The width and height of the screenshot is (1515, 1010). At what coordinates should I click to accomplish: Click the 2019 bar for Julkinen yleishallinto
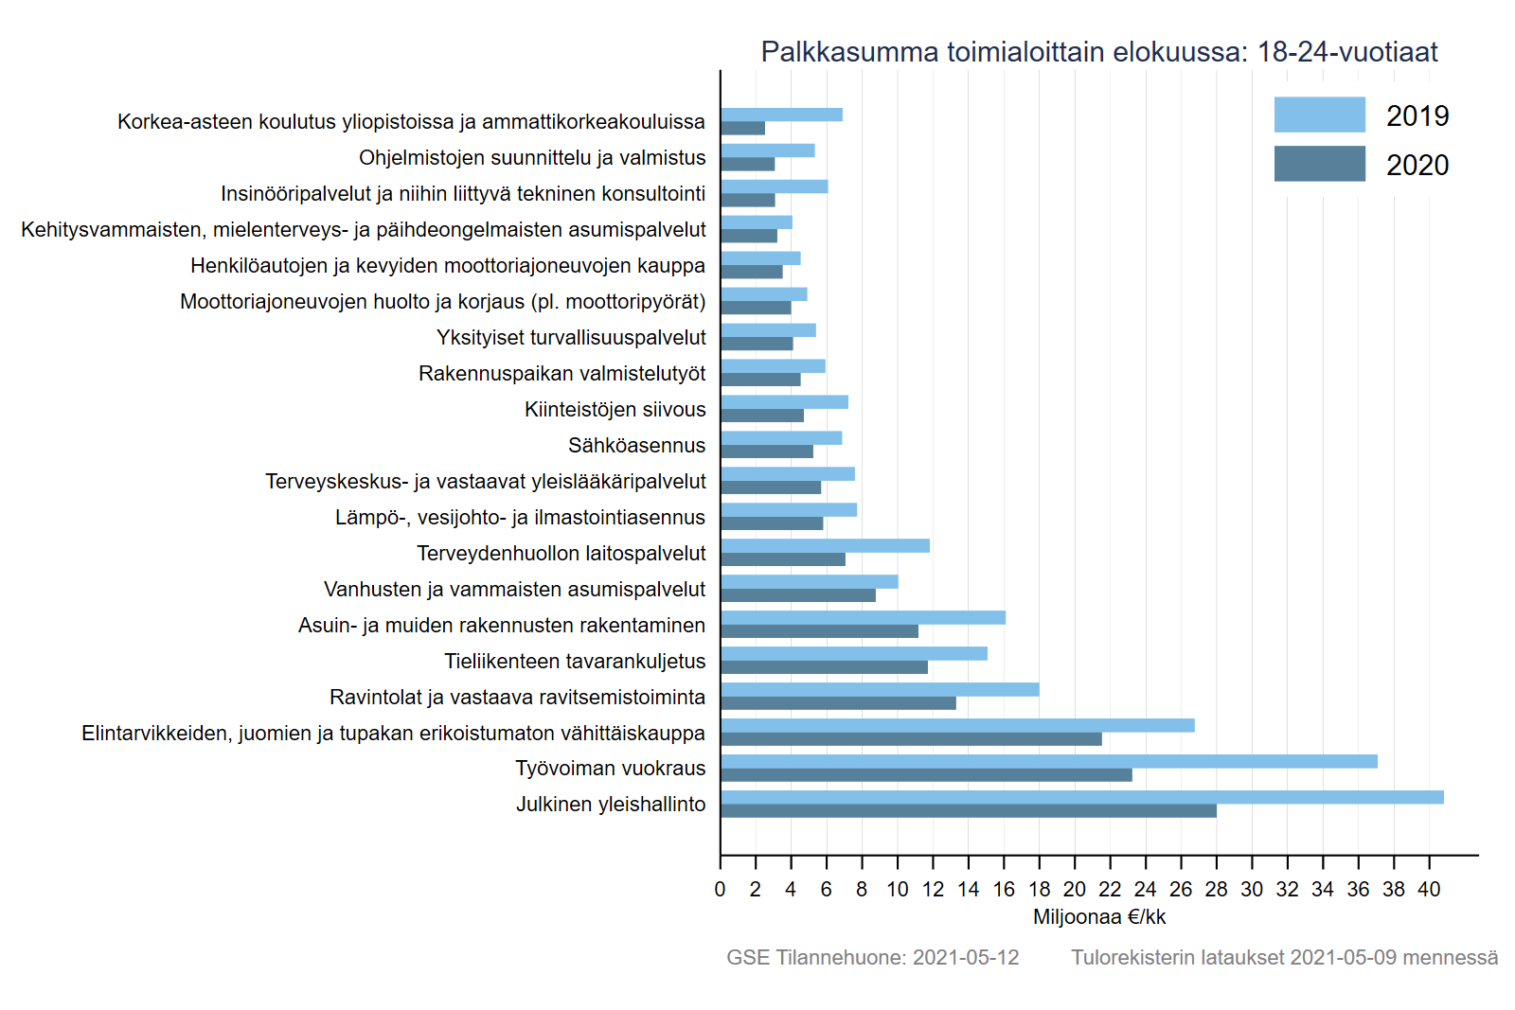[x=1081, y=797]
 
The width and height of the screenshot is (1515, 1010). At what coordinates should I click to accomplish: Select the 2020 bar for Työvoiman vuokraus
[x=926, y=775]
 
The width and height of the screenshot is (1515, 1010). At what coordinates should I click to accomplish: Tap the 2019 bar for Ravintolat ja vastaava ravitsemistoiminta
[x=880, y=689]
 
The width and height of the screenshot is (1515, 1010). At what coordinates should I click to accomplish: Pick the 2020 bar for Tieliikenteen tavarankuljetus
[x=824, y=667]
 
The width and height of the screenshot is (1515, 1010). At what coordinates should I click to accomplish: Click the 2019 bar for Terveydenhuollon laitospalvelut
[x=825, y=545]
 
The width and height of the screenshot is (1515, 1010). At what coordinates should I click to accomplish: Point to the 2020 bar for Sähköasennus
[x=767, y=452]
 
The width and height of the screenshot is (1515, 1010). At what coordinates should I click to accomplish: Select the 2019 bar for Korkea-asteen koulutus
[x=781, y=115]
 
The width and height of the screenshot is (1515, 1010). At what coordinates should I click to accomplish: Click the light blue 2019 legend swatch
[x=1319, y=115]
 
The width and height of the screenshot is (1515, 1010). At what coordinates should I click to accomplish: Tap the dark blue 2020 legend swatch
[x=1319, y=164]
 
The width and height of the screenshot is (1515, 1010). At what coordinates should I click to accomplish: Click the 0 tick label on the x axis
[x=720, y=889]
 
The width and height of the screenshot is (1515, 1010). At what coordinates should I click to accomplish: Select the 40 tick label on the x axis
[x=1428, y=889]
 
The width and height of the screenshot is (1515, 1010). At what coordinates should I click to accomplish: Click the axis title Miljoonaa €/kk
[x=1098, y=916]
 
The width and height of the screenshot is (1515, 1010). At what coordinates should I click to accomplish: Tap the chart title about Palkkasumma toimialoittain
[x=1098, y=51]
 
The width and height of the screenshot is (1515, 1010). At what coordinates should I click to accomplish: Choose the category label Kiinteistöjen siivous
[x=615, y=409]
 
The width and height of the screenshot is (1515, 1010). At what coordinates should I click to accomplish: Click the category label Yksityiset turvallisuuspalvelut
[x=571, y=337]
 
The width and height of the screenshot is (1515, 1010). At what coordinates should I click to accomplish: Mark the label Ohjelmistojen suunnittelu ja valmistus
[x=532, y=157]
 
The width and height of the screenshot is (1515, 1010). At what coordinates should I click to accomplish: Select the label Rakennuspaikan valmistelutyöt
[x=561, y=373]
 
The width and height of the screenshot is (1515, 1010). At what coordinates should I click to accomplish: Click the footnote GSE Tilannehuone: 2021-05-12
[x=872, y=957]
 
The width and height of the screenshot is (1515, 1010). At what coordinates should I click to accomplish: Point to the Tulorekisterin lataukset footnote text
[x=1284, y=957]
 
